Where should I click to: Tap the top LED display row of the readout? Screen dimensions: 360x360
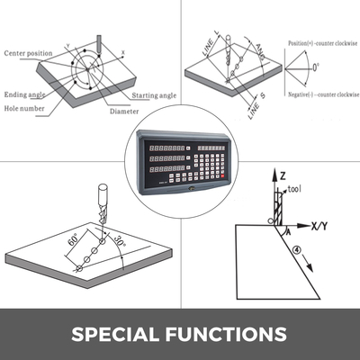(x=167, y=146)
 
